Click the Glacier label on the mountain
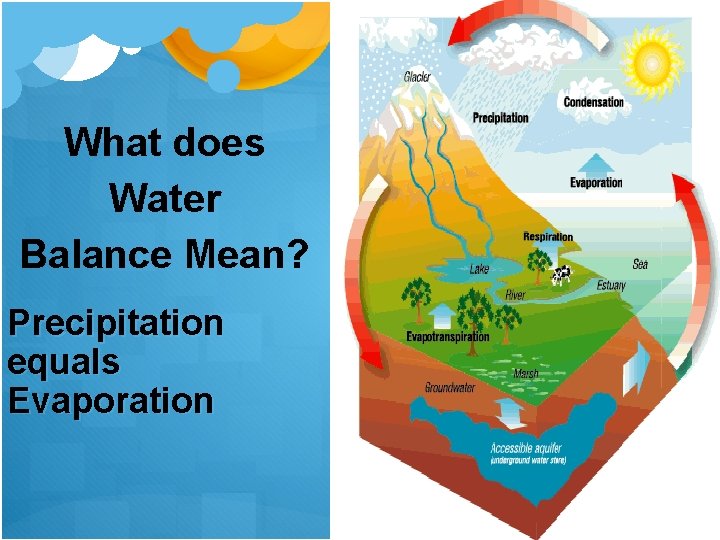[x=418, y=77]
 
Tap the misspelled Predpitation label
[x=499, y=117]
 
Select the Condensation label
[x=593, y=102]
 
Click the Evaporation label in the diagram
[x=596, y=183]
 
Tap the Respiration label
[x=548, y=237]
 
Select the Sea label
[x=640, y=264]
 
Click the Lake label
[x=480, y=268]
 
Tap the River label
[x=515, y=295]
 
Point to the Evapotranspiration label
[x=448, y=337]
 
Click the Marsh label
[x=525, y=373]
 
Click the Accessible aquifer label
[x=526, y=448]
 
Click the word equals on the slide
[x=63, y=361]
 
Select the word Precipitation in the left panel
[x=115, y=323]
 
